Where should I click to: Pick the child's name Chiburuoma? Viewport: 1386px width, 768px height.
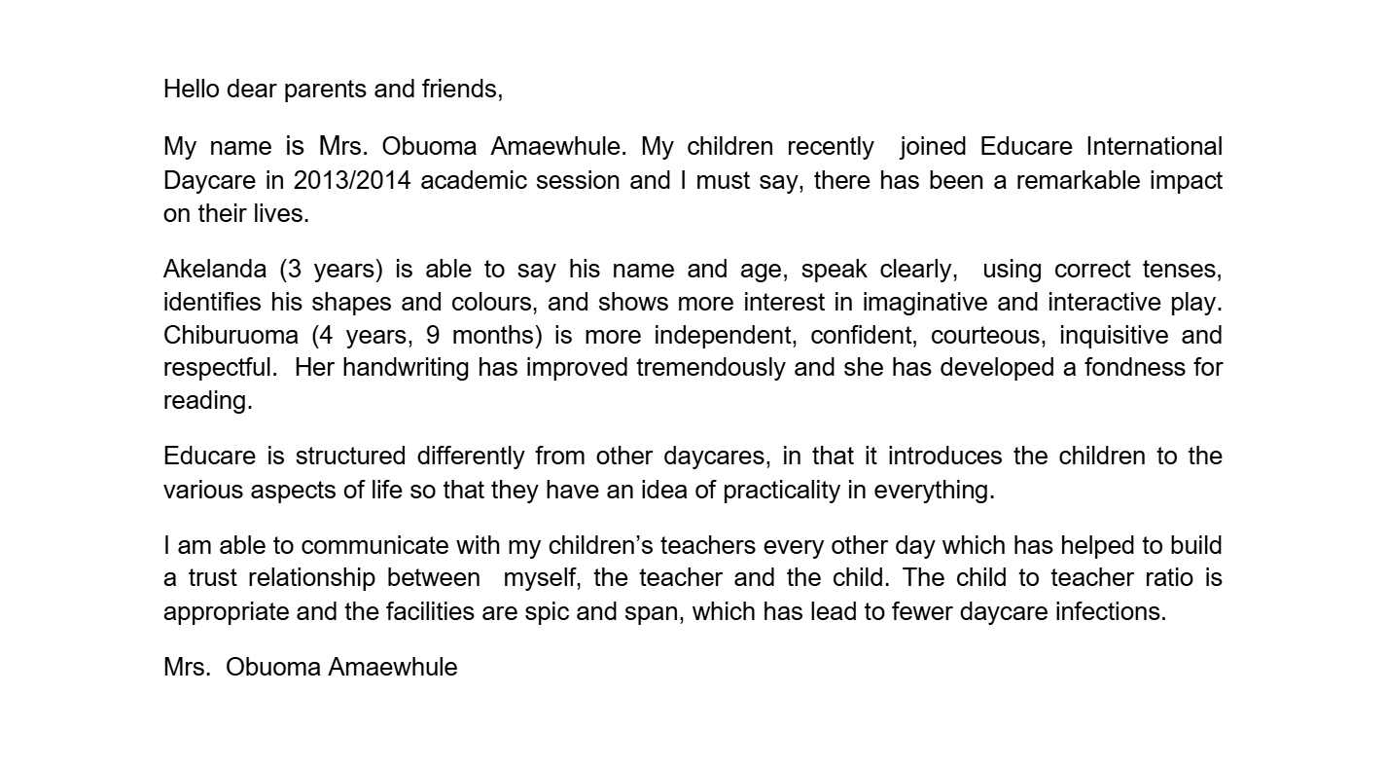(x=231, y=336)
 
